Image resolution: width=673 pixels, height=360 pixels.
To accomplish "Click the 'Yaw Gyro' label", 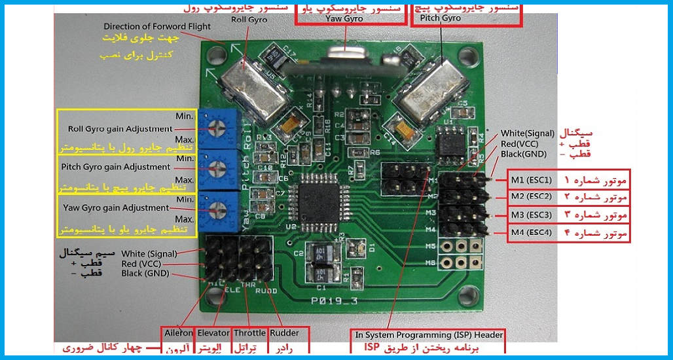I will (344, 18).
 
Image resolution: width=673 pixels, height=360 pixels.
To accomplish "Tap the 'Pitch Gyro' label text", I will (440, 18).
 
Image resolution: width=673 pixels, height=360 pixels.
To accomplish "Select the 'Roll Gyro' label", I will (249, 20).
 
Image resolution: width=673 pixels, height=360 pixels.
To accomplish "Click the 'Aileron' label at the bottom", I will (179, 334).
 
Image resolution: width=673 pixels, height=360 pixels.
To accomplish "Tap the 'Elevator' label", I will (213, 334).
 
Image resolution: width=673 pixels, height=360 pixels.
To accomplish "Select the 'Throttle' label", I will (249, 334).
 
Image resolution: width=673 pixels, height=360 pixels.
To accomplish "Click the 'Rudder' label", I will (284, 334).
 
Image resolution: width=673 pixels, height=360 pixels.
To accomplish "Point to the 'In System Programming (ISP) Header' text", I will (429, 335).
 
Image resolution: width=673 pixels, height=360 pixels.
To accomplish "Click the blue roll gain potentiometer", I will (217, 129).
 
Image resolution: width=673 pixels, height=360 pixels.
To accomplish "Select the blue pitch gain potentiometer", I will (218, 169).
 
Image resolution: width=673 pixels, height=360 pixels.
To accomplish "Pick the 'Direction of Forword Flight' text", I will (157, 27).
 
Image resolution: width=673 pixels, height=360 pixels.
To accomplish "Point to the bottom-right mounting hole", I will (468, 296).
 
